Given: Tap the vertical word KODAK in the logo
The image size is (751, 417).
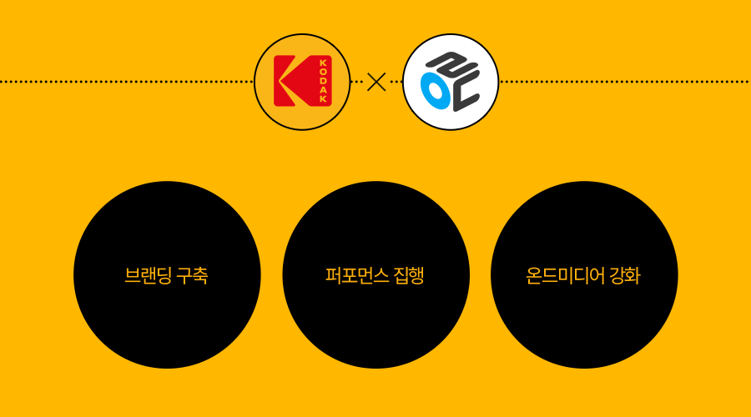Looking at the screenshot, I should point(324,82).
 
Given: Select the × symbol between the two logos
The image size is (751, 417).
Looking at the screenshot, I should point(376,82).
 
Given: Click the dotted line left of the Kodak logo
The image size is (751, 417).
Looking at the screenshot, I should point(125,82).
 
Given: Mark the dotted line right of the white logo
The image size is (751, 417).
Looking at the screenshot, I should point(626,82).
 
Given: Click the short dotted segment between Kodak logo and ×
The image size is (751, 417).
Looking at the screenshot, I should point(357,82).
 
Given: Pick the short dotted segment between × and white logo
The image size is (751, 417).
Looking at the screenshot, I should point(395,82).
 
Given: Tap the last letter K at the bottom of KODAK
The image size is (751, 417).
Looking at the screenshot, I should point(324,100).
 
